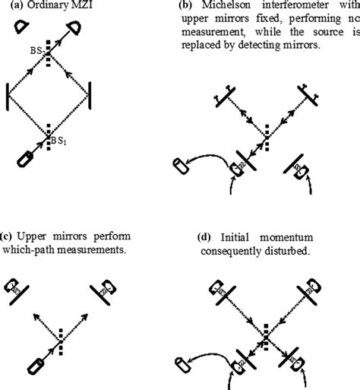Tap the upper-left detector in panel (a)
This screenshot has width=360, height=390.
(x=21, y=27)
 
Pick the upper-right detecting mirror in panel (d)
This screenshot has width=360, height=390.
(x=312, y=289)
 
